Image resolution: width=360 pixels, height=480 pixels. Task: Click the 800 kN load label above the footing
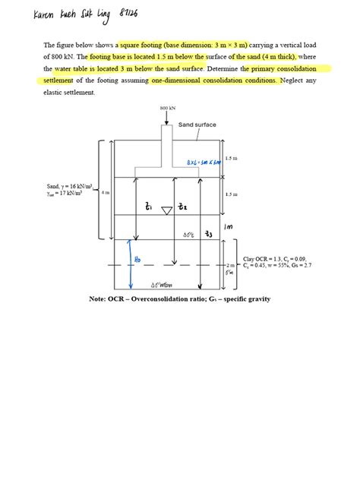[x=168, y=109]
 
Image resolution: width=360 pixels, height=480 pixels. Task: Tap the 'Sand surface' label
[x=197, y=125]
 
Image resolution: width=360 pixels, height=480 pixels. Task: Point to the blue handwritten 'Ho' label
[x=137, y=259]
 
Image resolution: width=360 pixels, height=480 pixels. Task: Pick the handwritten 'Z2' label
[x=182, y=207]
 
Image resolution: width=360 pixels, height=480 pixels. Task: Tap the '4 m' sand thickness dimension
[x=105, y=193]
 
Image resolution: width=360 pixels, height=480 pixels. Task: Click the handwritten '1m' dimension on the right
[x=227, y=226]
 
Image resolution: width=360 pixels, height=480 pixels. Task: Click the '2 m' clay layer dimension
[x=232, y=267]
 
